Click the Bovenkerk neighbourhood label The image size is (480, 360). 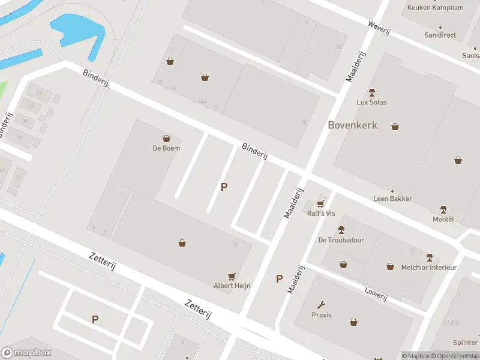pos(352,125)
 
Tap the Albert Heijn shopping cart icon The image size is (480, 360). pos(232,276)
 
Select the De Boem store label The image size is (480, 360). pos(166,148)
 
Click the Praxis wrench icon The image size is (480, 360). pos(322,305)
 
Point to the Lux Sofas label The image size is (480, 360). pos(371,102)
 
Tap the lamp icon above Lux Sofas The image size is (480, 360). pos(371,92)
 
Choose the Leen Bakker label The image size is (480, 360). pos(392,199)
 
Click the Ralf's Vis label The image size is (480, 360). pos(321,214)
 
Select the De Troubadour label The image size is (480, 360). pos(341,240)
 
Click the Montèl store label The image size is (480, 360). pos(443,219)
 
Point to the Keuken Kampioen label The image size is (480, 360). pos(436,8)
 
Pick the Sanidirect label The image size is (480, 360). pos(440,35)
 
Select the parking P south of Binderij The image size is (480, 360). pos(224,187)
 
